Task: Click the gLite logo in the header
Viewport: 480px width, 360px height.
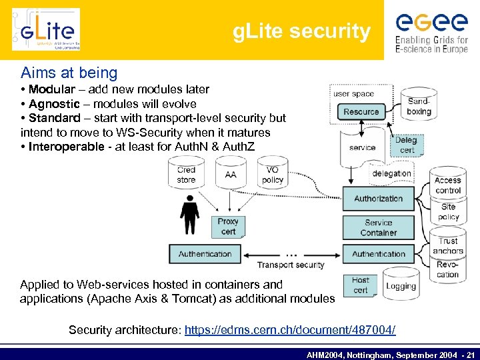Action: [x=46, y=29]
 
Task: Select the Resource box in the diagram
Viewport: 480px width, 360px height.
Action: [x=361, y=111]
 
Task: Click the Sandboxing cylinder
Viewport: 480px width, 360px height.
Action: [x=419, y=105]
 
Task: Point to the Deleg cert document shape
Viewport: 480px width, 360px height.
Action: [x=406, y=145]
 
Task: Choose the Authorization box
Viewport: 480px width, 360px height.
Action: [x=378, y=198]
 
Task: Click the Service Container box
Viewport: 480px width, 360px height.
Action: [x=378, y=227]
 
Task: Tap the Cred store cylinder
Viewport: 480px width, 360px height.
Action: [x=187, y=174]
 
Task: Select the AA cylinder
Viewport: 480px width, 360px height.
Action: [x=231, y=174]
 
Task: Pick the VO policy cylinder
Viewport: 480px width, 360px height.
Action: [x=272, y=174]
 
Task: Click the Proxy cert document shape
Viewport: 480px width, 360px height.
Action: [x=228, y=226]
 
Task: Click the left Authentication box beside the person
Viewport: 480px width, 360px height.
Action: [x=205, y=254]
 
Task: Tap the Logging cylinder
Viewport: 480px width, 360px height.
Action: [x=401, y=285]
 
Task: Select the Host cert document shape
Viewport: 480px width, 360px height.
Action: [x=361, y=285]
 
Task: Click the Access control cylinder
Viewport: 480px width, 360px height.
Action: [x=448, y=185]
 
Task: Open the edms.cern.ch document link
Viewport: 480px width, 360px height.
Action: [x=289, y=330]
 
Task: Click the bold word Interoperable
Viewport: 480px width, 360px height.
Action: [x=66, y=147]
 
